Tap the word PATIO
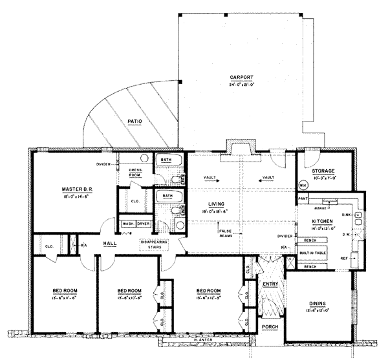[x=135, y=120]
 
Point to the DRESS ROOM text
[x=135, y=172]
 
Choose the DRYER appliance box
[x=143, y=224]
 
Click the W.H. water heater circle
[x=303, y=186]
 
